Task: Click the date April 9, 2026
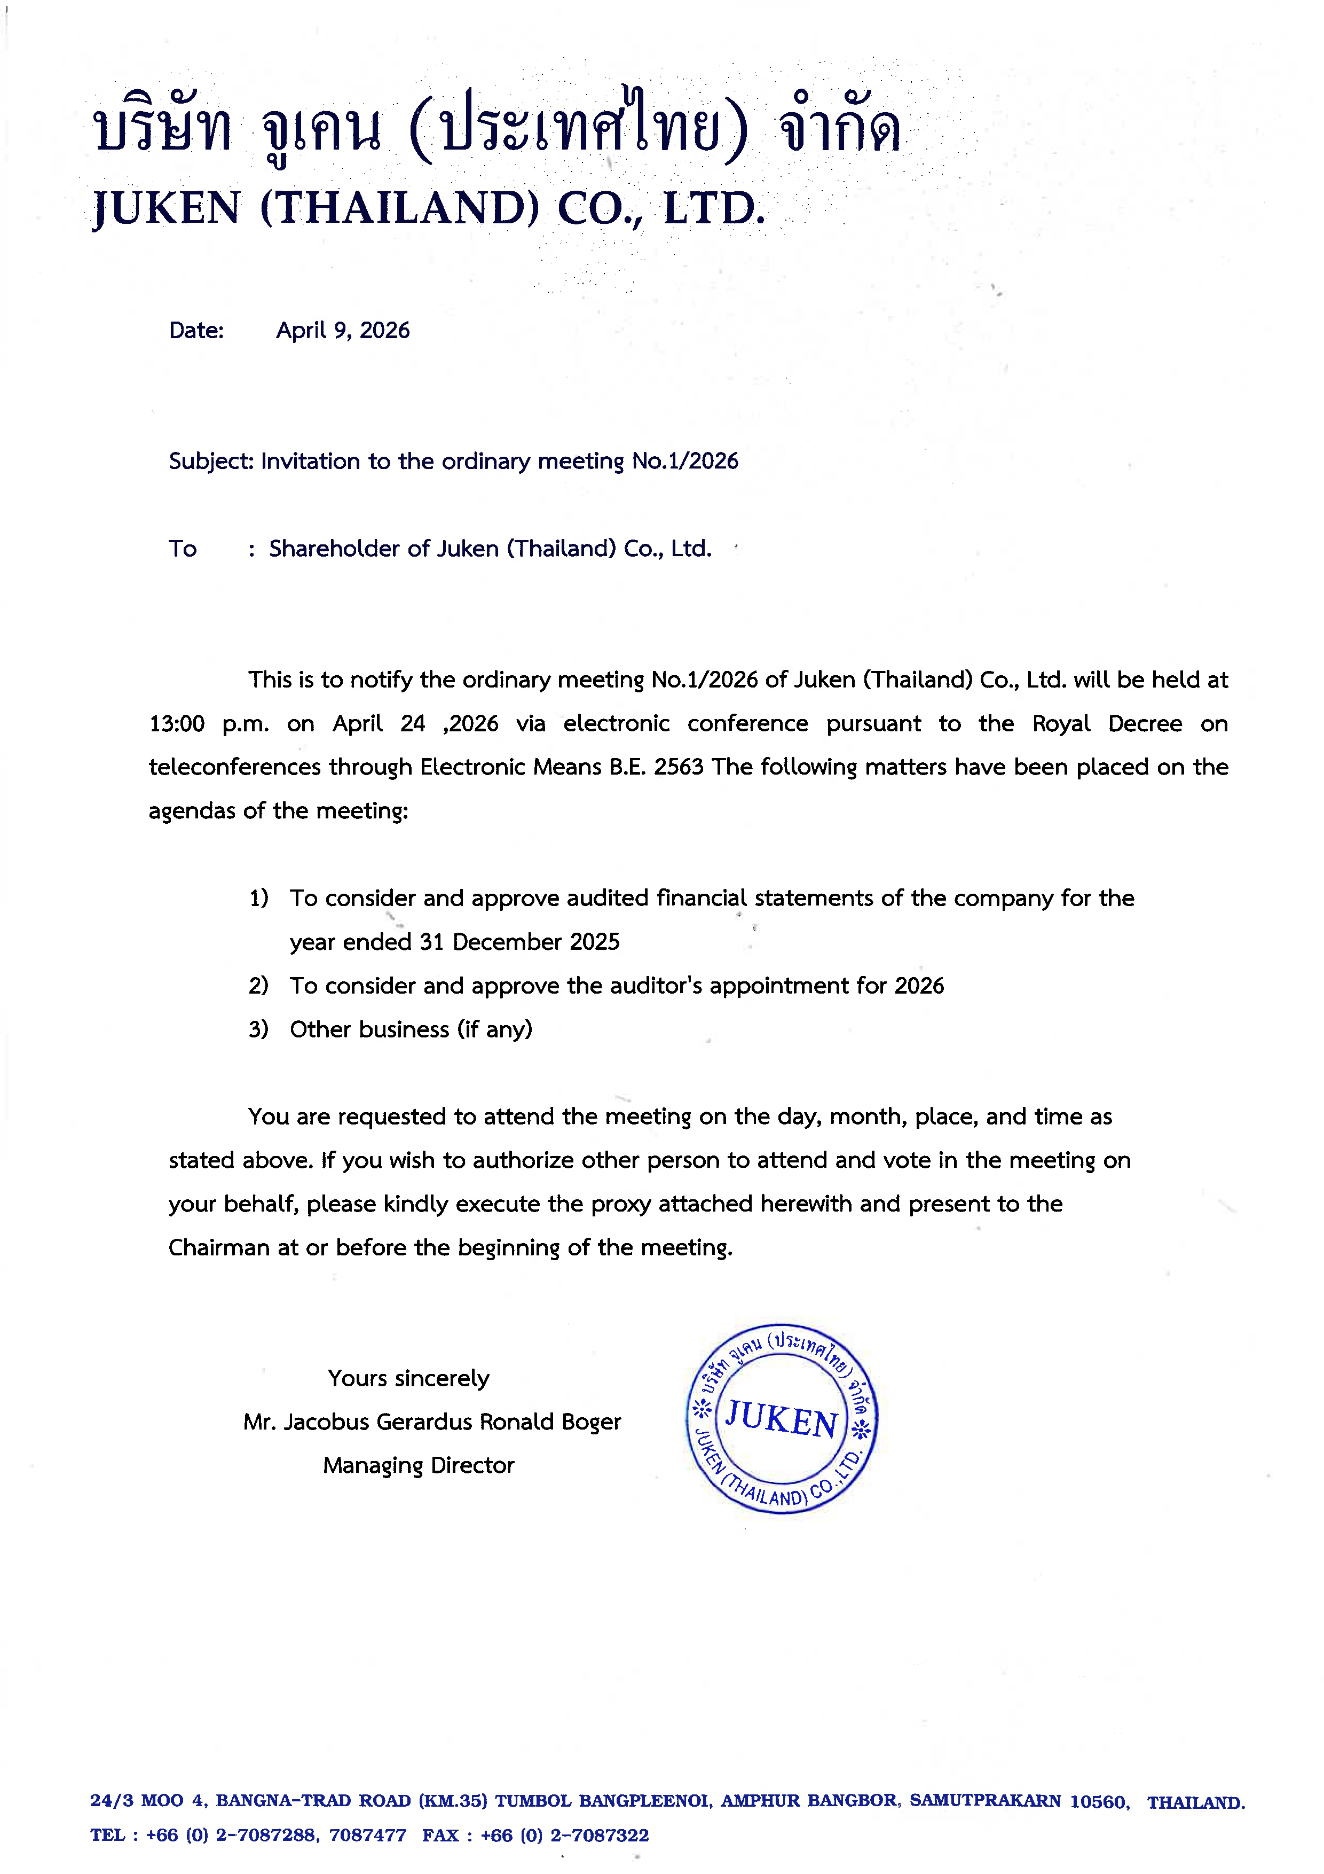(343, 331)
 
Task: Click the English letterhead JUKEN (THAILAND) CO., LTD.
(429, 208)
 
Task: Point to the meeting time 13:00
(176, 724)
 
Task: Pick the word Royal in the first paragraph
(1060, 724)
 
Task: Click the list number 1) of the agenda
(258, 899)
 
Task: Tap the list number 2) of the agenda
(258, 986)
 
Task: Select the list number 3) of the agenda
(258, 1029)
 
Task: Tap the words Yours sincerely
(409, 1379)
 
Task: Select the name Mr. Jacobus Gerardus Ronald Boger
(431, 1422)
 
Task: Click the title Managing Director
(419, 1466)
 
